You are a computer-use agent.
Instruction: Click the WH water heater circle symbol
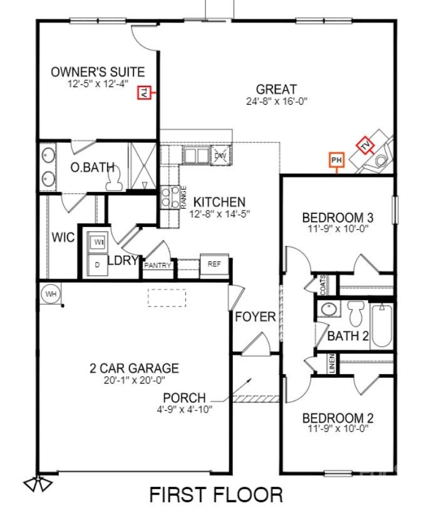[50, 293]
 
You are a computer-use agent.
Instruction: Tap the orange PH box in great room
[337, 160]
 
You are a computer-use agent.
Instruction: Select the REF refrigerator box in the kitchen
[214, 264]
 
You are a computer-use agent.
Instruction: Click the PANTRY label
[158, 265]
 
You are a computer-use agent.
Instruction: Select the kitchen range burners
[168, 198]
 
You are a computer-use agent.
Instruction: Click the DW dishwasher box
[220, 156]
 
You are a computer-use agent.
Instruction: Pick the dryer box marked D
[98, 265]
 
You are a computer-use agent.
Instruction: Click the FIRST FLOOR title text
[215, 495]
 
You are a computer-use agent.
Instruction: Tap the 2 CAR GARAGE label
[134, 368]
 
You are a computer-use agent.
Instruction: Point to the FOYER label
[256, 317]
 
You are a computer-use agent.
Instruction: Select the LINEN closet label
[332, 364]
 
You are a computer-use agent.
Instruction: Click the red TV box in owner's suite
[143, 93]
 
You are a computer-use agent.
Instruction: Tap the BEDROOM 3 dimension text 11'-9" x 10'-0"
[338, 229]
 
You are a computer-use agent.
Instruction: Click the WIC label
[63, 238]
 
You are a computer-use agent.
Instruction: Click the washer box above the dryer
[98, 242]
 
